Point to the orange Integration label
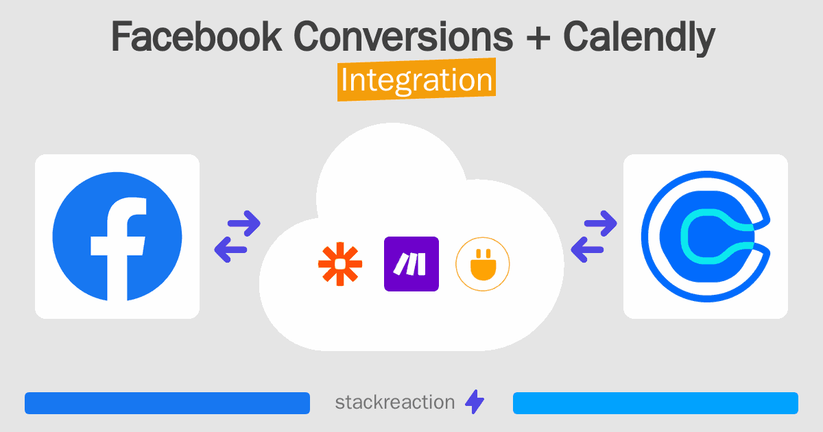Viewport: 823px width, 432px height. click(416, 81)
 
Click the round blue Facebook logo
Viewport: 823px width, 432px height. click(117, 237)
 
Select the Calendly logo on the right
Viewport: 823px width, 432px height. click(705, 237)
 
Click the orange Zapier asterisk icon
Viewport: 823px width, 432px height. click(339, 264)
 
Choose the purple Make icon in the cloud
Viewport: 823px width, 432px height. click(411, 264)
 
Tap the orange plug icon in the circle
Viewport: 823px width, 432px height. click(483, 264)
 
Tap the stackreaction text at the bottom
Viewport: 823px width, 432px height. click(394, 402)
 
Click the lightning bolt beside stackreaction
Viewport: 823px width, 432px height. click(474, 403)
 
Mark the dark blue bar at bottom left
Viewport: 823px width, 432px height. click(167, 403)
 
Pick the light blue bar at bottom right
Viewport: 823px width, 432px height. click(655, 403)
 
